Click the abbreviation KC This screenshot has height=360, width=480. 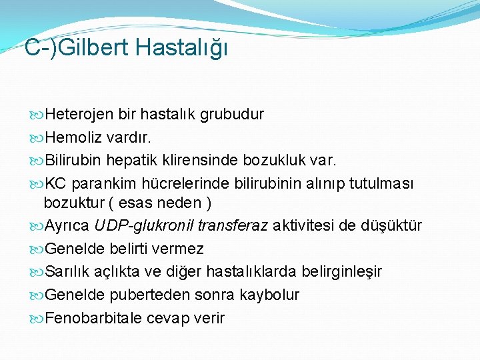[55, 183]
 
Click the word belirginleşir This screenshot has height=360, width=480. [342, 272]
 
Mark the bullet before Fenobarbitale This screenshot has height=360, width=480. [36, 318]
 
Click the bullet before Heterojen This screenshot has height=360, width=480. [36, 115]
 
